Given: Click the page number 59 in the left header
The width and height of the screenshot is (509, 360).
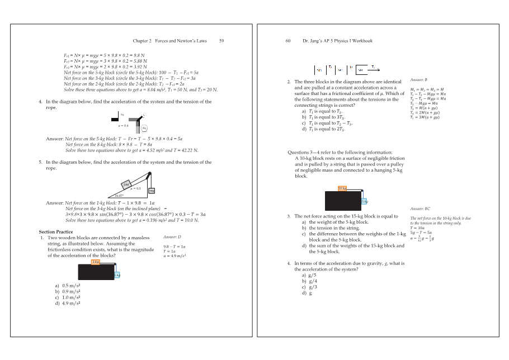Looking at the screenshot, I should (x=221, y=41).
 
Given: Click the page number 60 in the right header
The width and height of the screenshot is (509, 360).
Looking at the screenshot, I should (x=289, y=41).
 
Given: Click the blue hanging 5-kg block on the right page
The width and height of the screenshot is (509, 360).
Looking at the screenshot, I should (x=364, y=201).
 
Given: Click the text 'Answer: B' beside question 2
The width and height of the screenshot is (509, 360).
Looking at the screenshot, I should (x=419, y=80).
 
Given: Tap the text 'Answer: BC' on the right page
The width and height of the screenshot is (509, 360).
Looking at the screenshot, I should (x=420, y=208).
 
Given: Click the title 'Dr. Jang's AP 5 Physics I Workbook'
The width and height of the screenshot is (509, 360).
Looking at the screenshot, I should (x=338, y=41).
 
